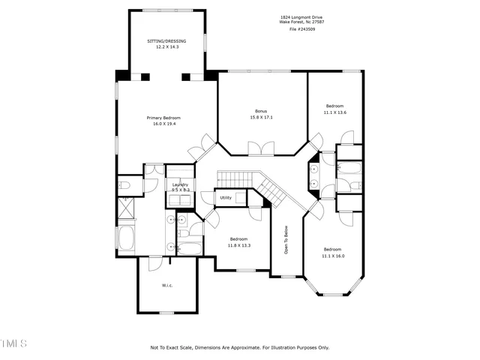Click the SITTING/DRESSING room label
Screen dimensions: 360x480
(x=166, y=40)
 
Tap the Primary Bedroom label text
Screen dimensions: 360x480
(x=163, y=118)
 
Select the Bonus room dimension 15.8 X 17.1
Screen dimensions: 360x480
(x=261, y=117)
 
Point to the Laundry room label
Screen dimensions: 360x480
(x=180, y=184)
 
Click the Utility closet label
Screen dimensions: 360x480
(x=226, y=197)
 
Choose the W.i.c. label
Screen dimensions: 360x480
(x=167, y=285)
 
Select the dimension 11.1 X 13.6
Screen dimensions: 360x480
(x=335, y=112)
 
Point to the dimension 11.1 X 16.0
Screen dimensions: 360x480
(x=333, y=255)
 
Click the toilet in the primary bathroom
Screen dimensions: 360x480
(x=124, y=184)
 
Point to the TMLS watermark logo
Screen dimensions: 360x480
(x=13, y=343)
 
